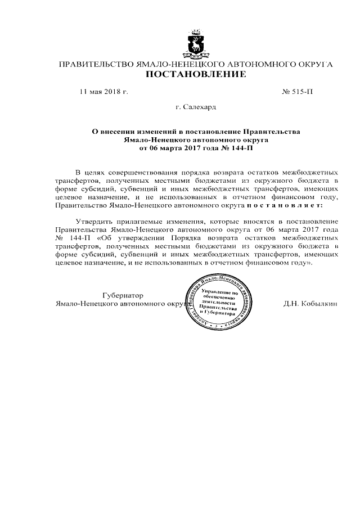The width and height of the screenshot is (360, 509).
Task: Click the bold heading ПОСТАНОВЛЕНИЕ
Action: (x=196, y=74)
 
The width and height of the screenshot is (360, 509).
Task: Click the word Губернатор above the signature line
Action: (x=123, y=295)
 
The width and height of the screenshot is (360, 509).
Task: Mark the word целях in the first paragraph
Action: (x=97, y=172)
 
